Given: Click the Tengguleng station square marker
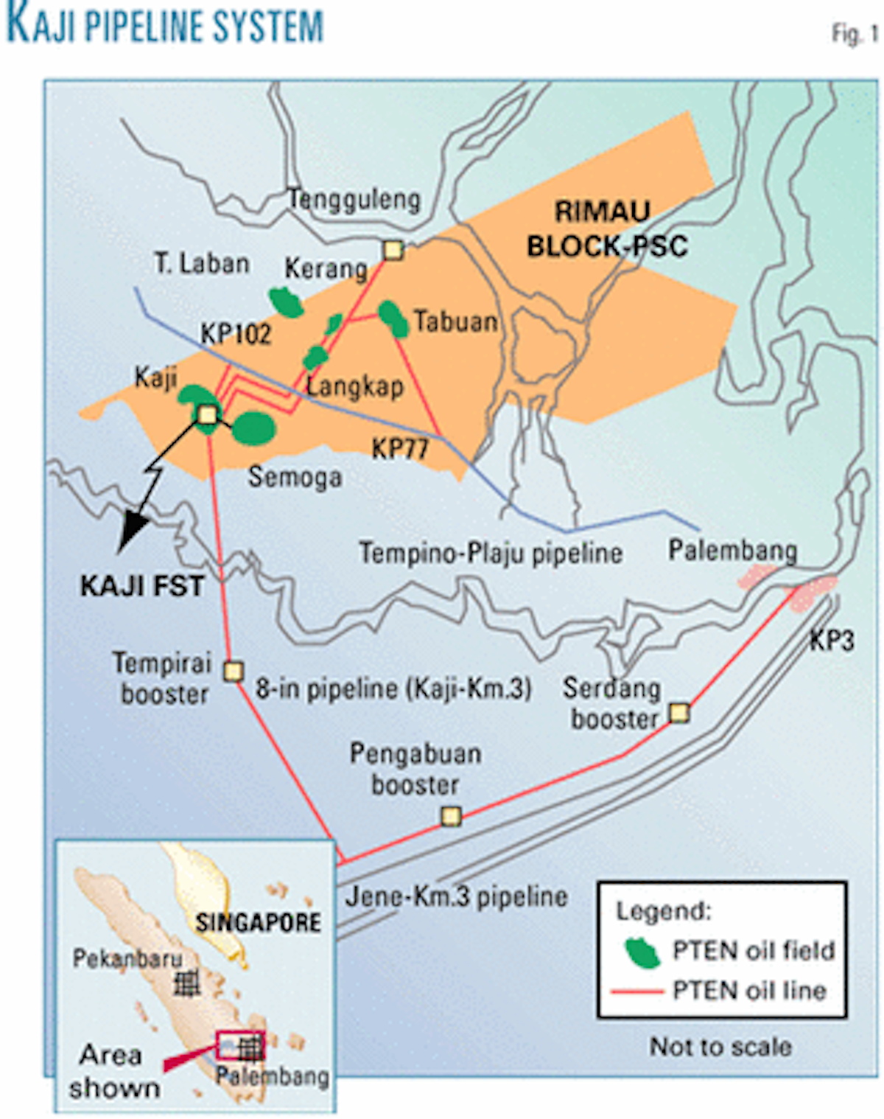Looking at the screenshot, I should [393, 251].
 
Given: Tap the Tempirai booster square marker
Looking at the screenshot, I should [234, 671].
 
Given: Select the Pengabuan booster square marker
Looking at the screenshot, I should [451, 816].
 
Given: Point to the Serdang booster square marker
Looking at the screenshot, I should [678, 713].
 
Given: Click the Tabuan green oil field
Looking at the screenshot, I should [393, 318].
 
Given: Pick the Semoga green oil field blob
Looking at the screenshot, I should [254, 428].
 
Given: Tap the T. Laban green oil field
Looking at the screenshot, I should [286, 301].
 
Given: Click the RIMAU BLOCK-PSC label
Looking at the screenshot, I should [606, 229].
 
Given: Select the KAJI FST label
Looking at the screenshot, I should [141, 586].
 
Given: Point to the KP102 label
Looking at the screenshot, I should [236, 334].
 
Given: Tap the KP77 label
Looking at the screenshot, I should [399, 448].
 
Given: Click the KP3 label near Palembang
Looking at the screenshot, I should [832, 640].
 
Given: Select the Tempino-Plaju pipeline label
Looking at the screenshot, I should [490, 553].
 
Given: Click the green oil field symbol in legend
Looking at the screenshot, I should [642, 952].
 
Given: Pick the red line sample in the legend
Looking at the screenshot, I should [637, 991].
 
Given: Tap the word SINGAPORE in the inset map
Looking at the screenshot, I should [258, 922].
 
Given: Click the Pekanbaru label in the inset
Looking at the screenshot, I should [127, 958].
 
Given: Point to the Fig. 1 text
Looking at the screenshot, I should [855, 34].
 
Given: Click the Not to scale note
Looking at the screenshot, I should [720, 1047].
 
